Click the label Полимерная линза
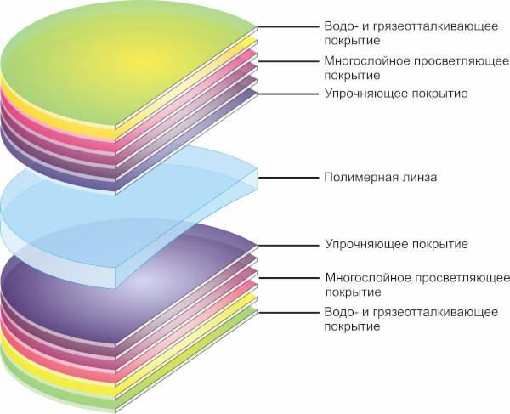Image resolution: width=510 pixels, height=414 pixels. coord(381,178)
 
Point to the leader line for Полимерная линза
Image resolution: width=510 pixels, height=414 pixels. coord(288,178)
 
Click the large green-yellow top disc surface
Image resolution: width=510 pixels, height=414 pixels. coord(123,62)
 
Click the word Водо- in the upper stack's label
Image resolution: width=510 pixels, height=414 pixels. coord(341,26)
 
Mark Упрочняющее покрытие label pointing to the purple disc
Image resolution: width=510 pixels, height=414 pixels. coord(396,244)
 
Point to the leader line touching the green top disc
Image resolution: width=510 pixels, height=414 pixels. coord(288,27)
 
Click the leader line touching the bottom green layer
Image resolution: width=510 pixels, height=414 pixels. coord(288,313)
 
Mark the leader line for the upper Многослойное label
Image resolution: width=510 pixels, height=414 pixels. coord(288,61)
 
